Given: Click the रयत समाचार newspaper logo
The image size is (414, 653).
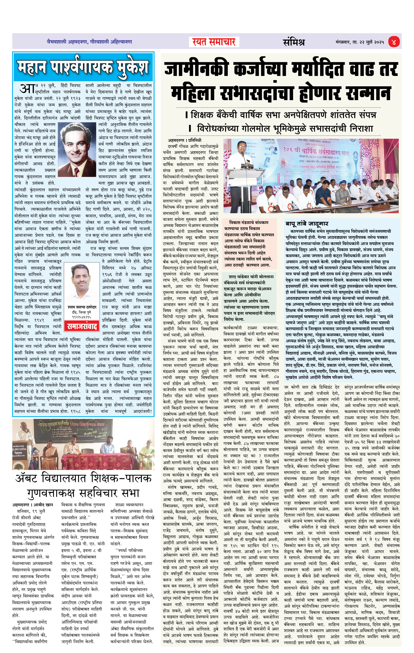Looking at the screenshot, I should point(214,42).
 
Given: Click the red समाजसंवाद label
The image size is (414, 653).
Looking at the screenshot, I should point(82,326).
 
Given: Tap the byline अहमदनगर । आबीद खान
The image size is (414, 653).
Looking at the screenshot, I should point(33,505).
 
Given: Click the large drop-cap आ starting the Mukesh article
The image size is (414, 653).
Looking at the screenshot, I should point(27,88).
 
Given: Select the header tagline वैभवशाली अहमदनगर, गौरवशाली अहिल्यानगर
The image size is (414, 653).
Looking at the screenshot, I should point(89,42).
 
